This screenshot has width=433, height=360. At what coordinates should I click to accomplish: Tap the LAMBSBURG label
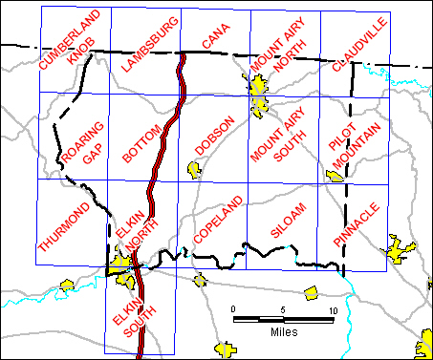click(150, 45)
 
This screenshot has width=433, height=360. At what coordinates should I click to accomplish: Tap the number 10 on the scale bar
click(333, 310)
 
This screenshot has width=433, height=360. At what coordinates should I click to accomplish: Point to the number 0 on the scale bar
click(233, 310)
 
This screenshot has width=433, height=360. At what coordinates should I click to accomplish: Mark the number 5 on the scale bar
click(283, 310)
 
